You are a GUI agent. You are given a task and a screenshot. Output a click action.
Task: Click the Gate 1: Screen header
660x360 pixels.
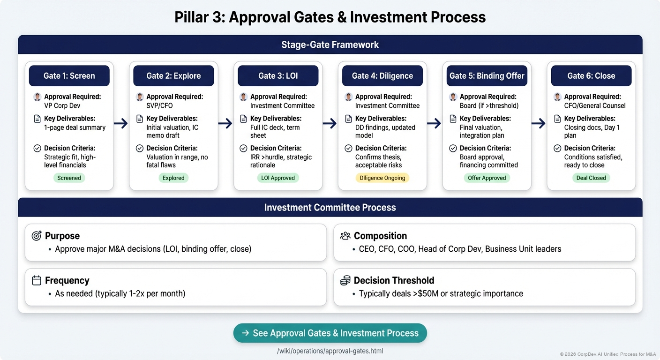[69, 76]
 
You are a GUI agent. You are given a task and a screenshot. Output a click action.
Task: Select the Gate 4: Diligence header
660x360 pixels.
[382, 76]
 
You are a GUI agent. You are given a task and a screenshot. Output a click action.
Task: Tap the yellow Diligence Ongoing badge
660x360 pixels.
[382, 178]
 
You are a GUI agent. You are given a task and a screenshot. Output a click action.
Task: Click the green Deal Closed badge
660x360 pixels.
[591, 178]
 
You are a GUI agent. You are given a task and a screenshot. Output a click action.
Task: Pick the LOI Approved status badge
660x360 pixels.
[278, 178]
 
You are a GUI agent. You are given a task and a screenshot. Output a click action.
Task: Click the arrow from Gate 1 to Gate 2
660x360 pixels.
[121, 124]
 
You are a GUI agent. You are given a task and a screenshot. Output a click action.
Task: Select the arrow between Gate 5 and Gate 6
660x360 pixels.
[539, 124]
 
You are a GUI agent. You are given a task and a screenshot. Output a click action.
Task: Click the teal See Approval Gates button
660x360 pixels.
[330, 333]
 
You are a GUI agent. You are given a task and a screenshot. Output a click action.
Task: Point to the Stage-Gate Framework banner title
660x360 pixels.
[330, 45]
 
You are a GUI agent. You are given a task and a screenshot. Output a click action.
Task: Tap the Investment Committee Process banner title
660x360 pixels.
[330, 208]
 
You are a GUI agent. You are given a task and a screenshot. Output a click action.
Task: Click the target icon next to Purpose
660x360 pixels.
[37, 236]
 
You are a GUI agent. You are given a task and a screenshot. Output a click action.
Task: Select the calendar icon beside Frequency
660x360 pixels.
[37, 280]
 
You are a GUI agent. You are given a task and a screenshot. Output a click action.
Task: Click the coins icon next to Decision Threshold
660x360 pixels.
[345, 280]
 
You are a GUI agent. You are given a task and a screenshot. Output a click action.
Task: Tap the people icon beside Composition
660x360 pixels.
[345, 236]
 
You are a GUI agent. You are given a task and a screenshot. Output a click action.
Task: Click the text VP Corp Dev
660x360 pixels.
[62, 106]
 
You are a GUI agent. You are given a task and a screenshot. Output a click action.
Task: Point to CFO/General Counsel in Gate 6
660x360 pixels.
[595, 106]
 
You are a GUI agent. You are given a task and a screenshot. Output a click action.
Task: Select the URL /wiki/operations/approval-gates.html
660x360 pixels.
[330, 351]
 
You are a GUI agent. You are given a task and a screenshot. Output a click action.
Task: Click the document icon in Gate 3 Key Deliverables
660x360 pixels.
[243, 119]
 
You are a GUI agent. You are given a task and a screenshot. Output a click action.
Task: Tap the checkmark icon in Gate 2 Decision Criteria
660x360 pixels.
[139, 148]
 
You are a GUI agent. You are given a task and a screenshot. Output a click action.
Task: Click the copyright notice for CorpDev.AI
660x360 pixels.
[607, 354]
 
